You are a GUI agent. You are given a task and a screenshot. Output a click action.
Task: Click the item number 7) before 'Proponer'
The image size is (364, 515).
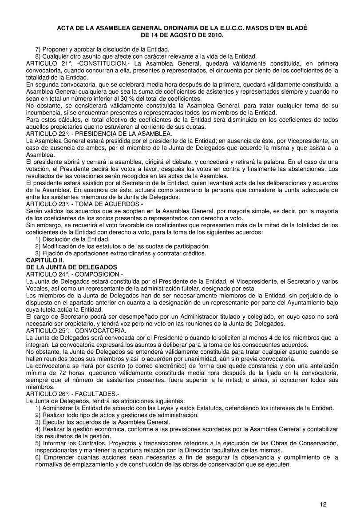tap(38, 49)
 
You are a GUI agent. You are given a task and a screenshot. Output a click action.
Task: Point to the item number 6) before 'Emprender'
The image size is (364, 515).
tap(38, 457)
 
